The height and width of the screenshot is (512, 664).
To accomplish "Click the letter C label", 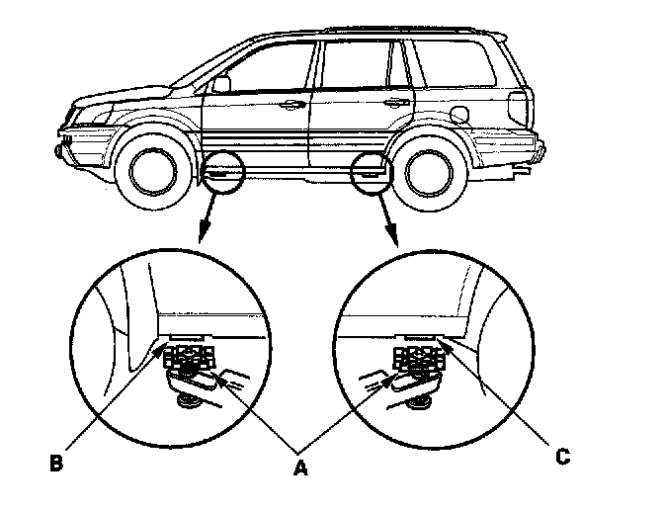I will pyautogui.click(x=562, y=457).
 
